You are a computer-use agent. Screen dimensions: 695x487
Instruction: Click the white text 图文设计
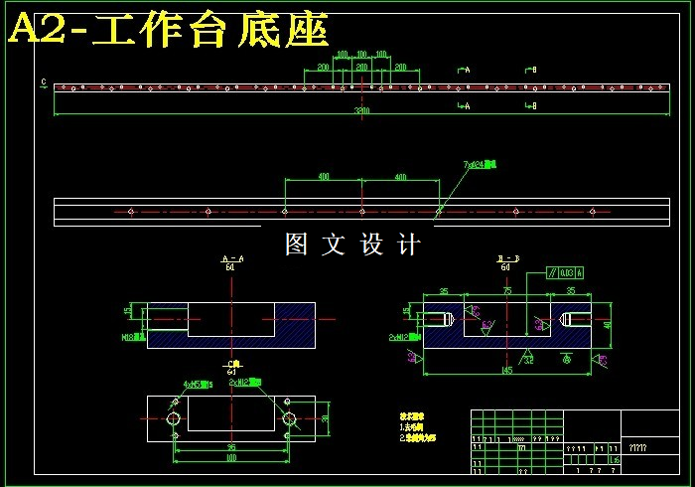pos(352,244)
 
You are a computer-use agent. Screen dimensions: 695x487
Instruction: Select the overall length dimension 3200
pos(363,111)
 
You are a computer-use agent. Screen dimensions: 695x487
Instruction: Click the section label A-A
pos(231,258)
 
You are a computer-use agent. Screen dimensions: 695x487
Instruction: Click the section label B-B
pos(507,258)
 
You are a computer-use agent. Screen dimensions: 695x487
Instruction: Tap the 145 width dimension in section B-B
pos(505,370)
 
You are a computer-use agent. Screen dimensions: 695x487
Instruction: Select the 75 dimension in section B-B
pos(506,292)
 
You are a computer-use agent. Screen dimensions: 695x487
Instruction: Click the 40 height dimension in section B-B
pos(607,323)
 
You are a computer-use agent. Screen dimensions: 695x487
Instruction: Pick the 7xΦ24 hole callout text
pos(480,164)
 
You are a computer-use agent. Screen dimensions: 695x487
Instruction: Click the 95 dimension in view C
pos(231,447)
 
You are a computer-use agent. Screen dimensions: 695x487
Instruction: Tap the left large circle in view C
pos(174,419)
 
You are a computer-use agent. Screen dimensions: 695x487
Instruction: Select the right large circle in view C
pos(289,419)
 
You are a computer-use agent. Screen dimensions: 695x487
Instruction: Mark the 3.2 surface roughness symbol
pos(528,360)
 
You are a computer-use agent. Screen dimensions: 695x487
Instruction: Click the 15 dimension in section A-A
pos(127,311)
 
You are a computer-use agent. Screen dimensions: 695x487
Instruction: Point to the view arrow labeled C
pos(44,82)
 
